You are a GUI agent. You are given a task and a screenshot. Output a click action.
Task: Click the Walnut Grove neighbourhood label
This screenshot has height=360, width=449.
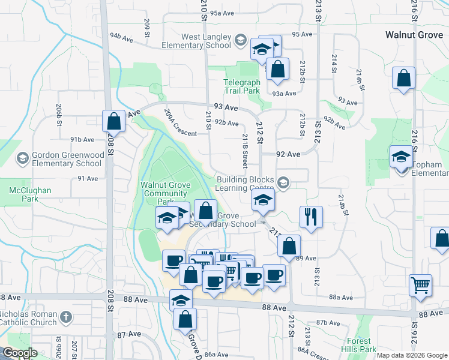click(414, 35)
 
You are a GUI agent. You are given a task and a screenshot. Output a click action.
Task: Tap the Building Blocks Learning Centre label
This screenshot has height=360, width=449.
click(245, 184)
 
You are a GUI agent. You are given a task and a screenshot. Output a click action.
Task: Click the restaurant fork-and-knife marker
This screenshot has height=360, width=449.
click(310, 217)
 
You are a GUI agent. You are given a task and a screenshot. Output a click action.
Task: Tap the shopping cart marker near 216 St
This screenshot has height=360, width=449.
click(420, 285)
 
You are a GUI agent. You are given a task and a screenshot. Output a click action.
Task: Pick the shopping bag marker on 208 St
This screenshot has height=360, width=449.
click(113, 121)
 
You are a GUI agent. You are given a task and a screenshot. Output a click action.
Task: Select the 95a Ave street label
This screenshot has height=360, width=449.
click(220, 13)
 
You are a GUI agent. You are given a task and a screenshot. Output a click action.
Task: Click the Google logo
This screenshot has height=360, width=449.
click(20, 353)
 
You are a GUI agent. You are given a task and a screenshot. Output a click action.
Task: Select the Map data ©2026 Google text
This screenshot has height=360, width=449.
click(411, 355)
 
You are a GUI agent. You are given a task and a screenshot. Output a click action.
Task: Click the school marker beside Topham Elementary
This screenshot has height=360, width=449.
click(401, 157)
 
